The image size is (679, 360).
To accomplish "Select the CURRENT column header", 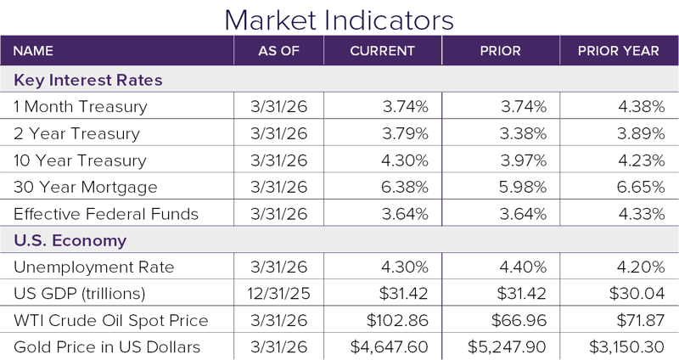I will point(382,51).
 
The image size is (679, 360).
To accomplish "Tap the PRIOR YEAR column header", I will point(619,51).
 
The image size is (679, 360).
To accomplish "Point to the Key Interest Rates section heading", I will point(88,80).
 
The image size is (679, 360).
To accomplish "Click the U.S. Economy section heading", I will point(70,240).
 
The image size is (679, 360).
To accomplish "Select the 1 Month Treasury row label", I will point(81,107).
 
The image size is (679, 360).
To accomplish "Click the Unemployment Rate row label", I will point(94,267).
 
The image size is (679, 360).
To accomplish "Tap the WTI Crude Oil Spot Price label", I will point(111,321).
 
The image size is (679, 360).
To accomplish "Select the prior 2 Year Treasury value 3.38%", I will point(523,133).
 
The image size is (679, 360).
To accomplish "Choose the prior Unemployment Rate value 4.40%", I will point(523,267).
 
